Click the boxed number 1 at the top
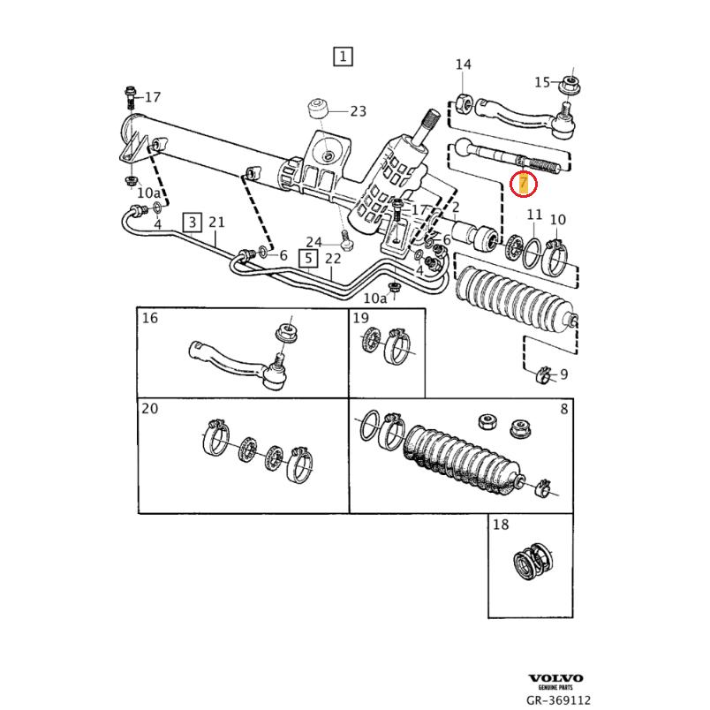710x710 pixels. [x=343, y=57]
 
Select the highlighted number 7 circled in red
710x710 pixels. [x=524, y=184]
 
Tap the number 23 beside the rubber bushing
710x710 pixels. [x=357, y=111]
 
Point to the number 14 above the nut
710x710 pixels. [x=463, y=64]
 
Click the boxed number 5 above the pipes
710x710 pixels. [x=307, y=258]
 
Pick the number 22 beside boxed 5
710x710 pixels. [x=332, y=258]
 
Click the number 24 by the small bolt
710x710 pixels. [x=314, y=242]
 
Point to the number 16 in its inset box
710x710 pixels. [x=150, y=318]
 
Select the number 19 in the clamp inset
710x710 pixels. [x=360, y=318]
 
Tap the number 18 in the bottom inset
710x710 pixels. [x=501, y=525]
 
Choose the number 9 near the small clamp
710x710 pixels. [x=563, y=374]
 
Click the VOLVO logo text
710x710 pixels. [x=556, y=678]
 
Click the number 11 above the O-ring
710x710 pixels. [x=533, y=215]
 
